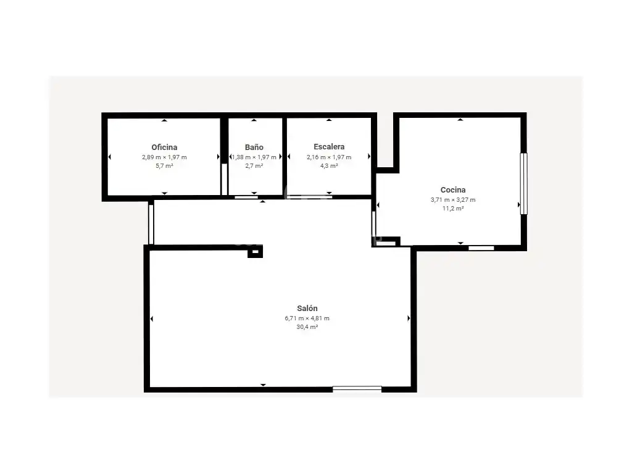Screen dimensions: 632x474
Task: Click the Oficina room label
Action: [x=164, y=147]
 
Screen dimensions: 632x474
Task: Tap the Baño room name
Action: [x=254, y=147]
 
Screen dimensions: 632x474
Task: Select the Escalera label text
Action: [x=329, y=147]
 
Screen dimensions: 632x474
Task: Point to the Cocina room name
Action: [x=453, y=189]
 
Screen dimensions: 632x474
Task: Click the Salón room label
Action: [x=307, y=309]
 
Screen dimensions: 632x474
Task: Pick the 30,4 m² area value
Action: [x=307, y=327]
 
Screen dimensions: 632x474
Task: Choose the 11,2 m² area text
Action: [x=453, y=209]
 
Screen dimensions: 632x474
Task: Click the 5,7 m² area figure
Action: [x=164, y=165]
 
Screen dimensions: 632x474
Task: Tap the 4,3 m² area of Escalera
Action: [x=329, y=165]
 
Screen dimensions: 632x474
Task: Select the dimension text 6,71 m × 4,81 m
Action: [x=307, y=318]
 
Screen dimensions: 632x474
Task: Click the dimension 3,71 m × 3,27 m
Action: [x=453, y=199]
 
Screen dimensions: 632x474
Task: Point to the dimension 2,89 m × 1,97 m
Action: [x=164, y=157]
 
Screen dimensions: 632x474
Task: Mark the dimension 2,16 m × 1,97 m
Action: [x=329, y=157]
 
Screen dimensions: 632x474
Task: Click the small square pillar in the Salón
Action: [x=255, y=252]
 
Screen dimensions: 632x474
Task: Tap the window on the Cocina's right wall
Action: [x=523, y=183]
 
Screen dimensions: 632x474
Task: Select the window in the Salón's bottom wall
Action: [x=357, y=389]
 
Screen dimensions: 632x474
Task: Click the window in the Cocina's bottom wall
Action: [x=481, y=248]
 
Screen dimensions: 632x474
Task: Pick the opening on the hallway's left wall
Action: [x=151, y=224]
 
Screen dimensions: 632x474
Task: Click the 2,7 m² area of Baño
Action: [x=254, y=165]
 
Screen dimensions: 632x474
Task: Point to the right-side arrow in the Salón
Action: [x=409, y=318]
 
